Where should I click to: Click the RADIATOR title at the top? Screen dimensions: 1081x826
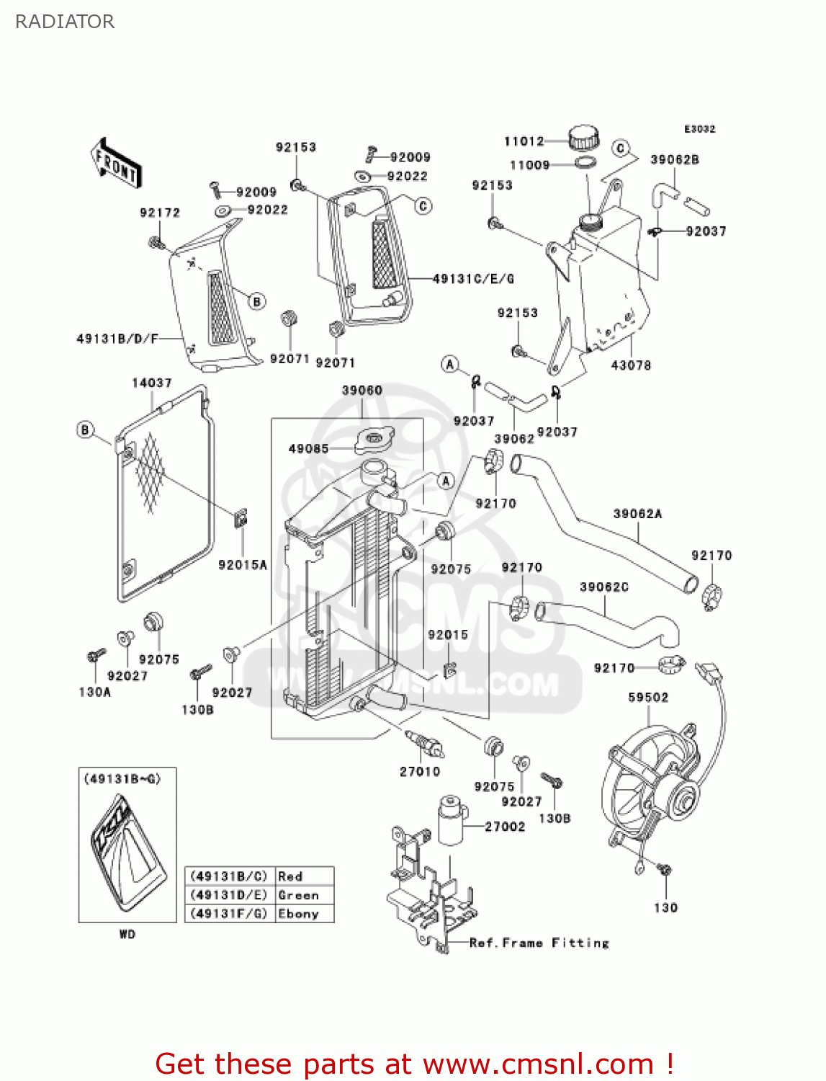click(x=65, y=22)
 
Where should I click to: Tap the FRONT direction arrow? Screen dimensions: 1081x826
click(x=116, y=164)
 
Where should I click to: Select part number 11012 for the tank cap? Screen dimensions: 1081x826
click(x=524, y=141)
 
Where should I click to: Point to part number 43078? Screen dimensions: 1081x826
click(x=631, y=365)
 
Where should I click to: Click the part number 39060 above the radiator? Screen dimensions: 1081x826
click(x=362, y=391)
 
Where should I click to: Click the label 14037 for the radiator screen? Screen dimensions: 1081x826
click(x=151, y=383)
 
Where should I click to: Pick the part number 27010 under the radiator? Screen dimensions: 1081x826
click(x=420, y=772)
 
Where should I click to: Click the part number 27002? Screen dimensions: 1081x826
click(x=505, y=827)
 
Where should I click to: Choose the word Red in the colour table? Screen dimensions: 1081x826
click(x=290, y=876)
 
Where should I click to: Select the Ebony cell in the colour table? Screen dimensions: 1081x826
click(x=298, y=914)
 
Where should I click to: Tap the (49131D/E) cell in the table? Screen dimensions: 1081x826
click(x=228, y=895)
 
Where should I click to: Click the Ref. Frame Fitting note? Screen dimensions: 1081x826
click(x=539, y=943)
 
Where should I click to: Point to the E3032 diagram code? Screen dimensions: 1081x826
click(x=699, y=129)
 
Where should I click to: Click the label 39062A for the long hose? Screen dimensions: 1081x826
click(x=637, y=514)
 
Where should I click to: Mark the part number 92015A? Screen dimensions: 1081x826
click(x=243, y=565)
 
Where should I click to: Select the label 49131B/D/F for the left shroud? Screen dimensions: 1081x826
click(x=117, y=338)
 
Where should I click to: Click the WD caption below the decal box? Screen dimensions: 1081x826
click(x=127, y=935)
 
